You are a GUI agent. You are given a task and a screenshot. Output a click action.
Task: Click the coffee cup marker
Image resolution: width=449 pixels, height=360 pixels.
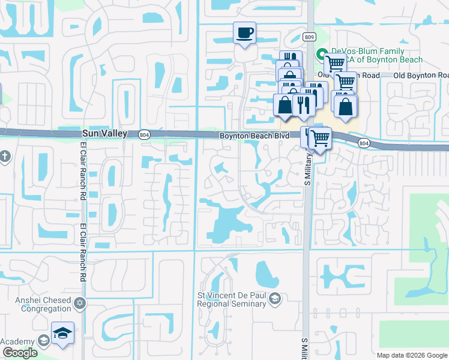[x=244, y=33]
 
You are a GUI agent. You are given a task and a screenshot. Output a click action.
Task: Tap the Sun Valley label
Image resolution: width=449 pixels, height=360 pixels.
[x=104, y=134]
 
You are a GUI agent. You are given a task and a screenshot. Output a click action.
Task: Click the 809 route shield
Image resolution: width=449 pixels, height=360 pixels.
[x=309, y=37]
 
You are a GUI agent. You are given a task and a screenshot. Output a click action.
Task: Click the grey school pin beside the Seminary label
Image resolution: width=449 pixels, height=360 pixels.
[x=274, y=298]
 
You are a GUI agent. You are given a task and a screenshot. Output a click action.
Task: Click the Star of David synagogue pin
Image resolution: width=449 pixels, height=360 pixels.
[x=78, y=298]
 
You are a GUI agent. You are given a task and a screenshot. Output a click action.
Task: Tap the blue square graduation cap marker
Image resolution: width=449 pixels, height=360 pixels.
[x=62, y=334]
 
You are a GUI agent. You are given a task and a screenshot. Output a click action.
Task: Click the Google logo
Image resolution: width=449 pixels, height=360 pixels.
[x=19, y=353]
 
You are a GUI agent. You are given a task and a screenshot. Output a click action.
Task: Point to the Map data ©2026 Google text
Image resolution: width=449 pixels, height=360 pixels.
[x=411, y=355]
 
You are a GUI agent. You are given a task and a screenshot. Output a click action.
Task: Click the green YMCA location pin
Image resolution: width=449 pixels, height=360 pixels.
[x=321, y=52]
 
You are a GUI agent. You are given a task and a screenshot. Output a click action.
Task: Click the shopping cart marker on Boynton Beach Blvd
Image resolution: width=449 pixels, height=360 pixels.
[x=321, y=139]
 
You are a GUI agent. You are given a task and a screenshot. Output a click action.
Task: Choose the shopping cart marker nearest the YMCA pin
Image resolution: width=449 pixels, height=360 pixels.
[x=335, y=63]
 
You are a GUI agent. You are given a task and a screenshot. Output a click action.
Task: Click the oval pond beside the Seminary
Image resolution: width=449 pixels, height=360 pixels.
[x=266, y=274]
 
